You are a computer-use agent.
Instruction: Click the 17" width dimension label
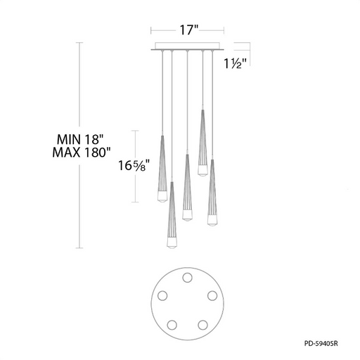[x=189, y=30]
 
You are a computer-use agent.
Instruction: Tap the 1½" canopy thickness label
[x=236, y=63]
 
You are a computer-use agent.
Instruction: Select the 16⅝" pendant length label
[x=134, y=165]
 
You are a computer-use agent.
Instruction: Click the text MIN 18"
[x=80, y=140]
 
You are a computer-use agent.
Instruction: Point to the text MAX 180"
[x=82, y=153]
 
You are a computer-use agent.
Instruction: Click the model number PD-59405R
[x=321, y=344]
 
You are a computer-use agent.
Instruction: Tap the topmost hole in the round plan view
[x=187, y=278]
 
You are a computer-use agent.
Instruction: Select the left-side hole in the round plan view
[x=162, y=296]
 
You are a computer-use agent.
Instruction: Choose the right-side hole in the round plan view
[x=212, y=296]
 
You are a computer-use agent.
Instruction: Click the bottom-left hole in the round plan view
[x=172, y=325]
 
